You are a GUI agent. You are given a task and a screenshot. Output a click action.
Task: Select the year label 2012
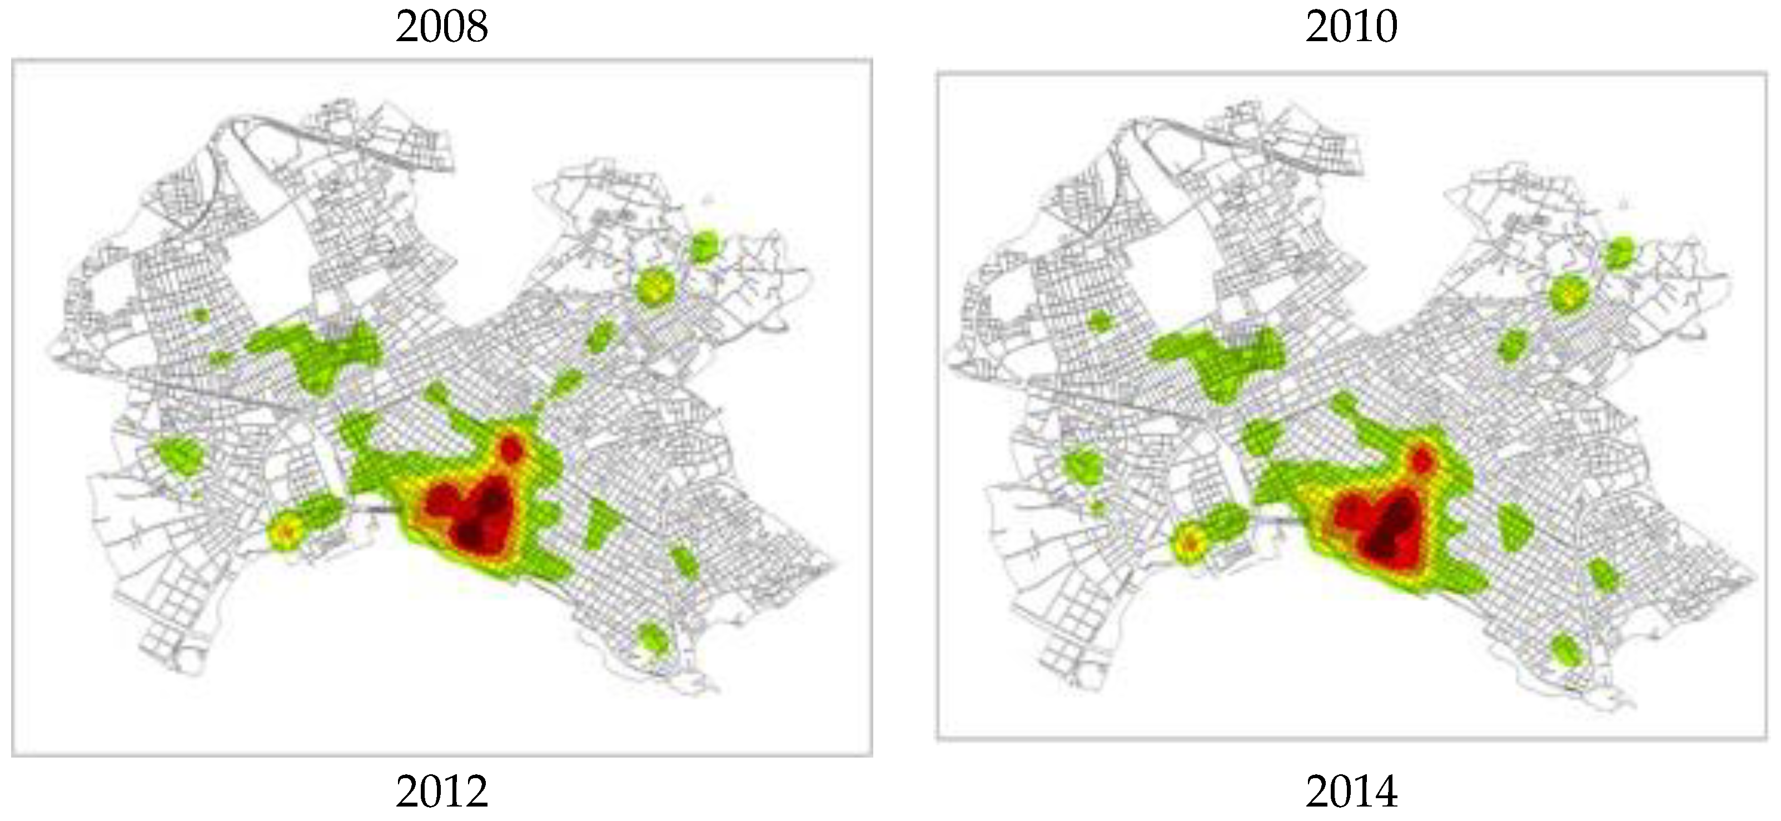point(442,792)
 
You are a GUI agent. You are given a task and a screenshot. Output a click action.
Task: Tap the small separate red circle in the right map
point(1421,460)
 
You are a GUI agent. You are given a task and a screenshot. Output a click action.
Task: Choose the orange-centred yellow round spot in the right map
point(1190,543)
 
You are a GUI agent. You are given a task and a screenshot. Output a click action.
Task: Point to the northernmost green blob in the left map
point(704,247)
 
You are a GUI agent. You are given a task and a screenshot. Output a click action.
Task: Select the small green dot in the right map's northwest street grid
point(1098,321)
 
